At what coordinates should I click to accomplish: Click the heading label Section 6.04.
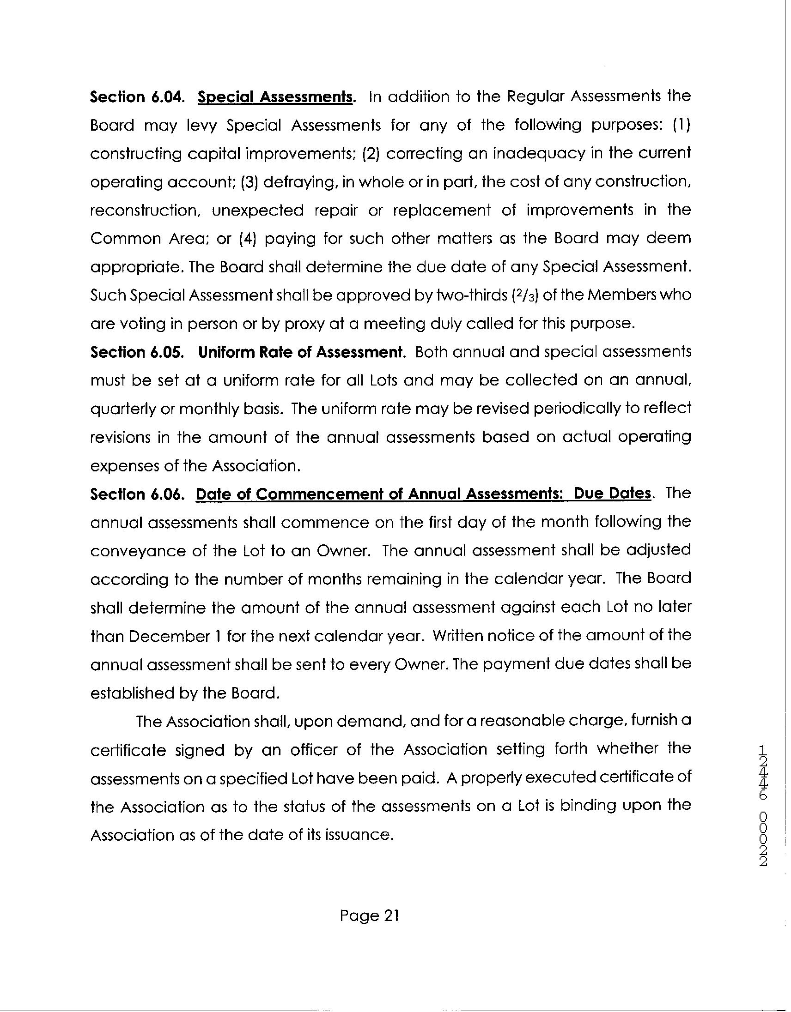[138, 97]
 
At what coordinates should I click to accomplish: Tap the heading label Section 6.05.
[138, 353]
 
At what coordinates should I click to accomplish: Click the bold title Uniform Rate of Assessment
[302, 353]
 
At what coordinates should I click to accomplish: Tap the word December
[169, 637]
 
